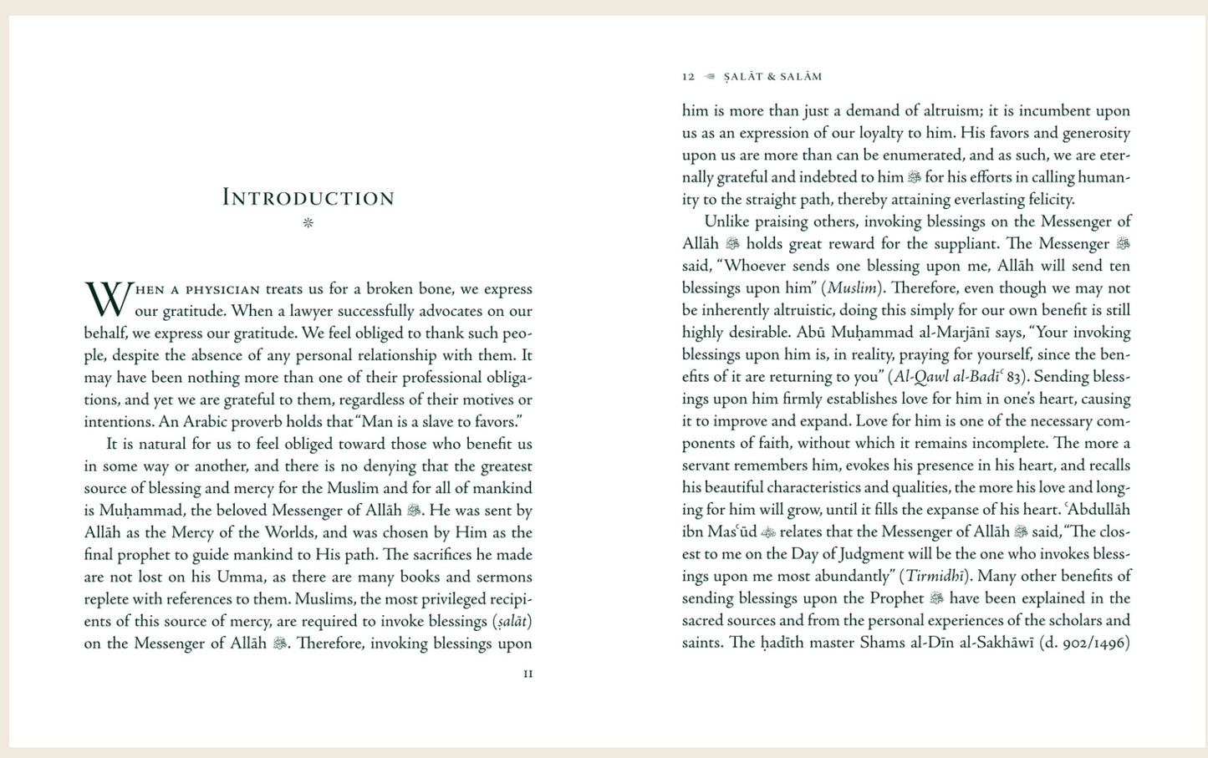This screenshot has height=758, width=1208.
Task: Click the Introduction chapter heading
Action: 308,198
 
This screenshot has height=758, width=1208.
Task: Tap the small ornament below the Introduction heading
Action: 308,223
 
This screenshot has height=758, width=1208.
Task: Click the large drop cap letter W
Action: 108,299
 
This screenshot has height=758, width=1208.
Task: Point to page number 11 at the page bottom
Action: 528,674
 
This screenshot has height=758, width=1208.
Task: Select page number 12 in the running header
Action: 688,77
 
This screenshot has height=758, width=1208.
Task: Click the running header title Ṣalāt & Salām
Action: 772,77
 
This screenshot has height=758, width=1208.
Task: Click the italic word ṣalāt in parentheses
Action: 512,622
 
